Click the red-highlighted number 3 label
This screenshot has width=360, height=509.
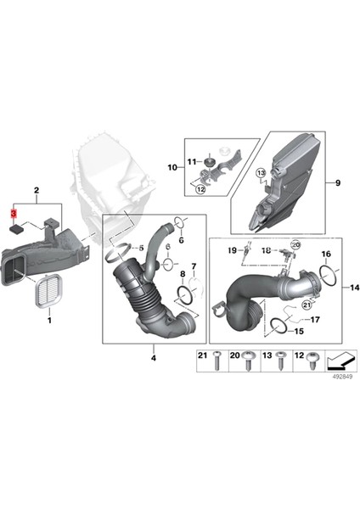click(x=13, y=213)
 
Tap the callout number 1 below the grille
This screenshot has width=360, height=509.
click(x=48, y=321)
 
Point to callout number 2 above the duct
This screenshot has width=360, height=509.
click(x=37, y=193)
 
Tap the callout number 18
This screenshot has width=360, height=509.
click(x=266, y=251)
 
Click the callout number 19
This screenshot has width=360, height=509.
click(x=230, y=251)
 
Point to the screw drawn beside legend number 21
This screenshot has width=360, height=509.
click(x=219, y=363)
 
